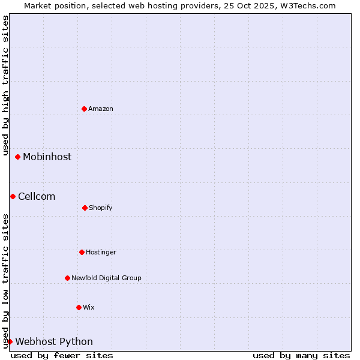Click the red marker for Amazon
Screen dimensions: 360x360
pos(84,109)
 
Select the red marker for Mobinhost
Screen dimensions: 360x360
pos(18,157)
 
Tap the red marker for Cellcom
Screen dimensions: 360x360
pos(13,196)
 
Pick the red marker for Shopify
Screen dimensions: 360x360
pos(85,208)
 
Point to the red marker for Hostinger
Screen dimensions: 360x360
pos(82,252)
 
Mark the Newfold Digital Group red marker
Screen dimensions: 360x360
pos(67,278)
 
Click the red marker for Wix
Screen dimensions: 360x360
pos(79,307)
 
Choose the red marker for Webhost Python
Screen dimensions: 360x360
pos(10,341)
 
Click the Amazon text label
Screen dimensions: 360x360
pos(101,109)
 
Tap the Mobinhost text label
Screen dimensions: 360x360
pos(47,157)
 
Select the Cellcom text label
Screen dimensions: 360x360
pos(37,196)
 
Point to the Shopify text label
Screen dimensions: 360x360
pos(101,208)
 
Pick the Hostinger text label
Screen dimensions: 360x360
pos(101,252)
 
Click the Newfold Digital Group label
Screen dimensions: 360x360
pos(106,278)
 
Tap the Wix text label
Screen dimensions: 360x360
pos(89,307)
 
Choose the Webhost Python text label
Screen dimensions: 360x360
pos(54,341)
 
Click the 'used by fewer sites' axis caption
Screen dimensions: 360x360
pos(62,355)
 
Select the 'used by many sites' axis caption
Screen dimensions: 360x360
pos(301,355)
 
